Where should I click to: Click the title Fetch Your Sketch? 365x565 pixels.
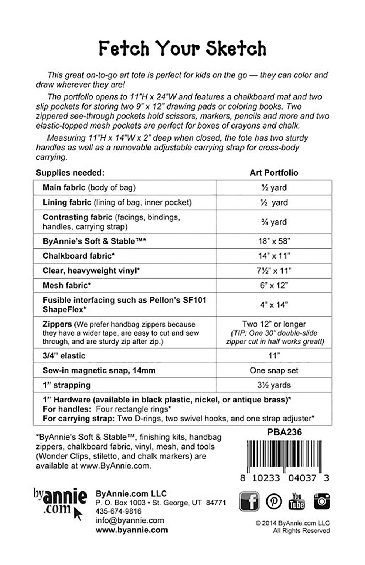[x=182, y=49]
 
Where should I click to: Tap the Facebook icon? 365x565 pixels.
[x=249, y=501]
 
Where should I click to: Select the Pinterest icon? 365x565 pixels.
[x=273, y=501]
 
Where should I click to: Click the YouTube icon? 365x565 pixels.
[x=297, y=501]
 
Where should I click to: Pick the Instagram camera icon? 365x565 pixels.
[x=322, y=501]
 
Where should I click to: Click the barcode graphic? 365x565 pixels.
[x=284, y=456]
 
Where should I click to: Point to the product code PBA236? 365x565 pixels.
[x=284, y=432]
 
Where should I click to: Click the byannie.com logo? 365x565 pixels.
[x=60, y=502]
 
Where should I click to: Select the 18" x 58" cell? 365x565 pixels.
[x=274, y=241]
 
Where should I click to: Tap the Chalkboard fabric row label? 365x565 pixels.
[x=78, y=256]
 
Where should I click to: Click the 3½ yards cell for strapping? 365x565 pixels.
[x=274, y=385]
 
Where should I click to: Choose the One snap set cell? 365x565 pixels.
[x=274, y=370]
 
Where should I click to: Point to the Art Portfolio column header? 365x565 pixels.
[x=274, y=173]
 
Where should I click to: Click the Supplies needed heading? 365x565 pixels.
[x=70, y=173]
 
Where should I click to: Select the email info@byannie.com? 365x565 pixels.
[x=130, y=520]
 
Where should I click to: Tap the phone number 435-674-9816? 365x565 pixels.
[x=118, y=511]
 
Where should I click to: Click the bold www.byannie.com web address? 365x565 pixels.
[x=131, y=530]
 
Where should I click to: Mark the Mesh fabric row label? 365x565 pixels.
[x=67, y=285]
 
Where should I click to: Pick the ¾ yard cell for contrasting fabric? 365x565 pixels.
[x=274, y=222]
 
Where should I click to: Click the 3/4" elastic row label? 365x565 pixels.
[x=64, y=356]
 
